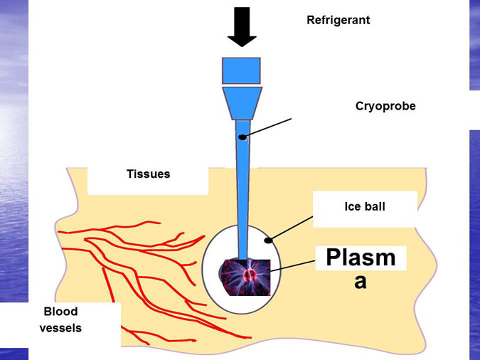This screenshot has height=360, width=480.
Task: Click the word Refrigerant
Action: pos(338,20)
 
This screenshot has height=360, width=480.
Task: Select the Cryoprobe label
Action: pos(385,106)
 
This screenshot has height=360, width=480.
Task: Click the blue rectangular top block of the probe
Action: pos(242,70)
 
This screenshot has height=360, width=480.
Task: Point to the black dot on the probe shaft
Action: pos(242,137)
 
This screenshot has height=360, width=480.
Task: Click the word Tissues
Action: pos(148,174)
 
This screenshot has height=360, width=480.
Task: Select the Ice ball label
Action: pos(364,207)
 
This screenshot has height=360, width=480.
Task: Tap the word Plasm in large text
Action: pos(360,258)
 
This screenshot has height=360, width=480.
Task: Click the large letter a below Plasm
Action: pos(361,281)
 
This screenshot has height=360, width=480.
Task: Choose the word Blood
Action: pos(60,312)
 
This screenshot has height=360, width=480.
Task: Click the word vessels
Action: pos(60,328)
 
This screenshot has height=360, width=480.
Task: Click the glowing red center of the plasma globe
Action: pos(247,275)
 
